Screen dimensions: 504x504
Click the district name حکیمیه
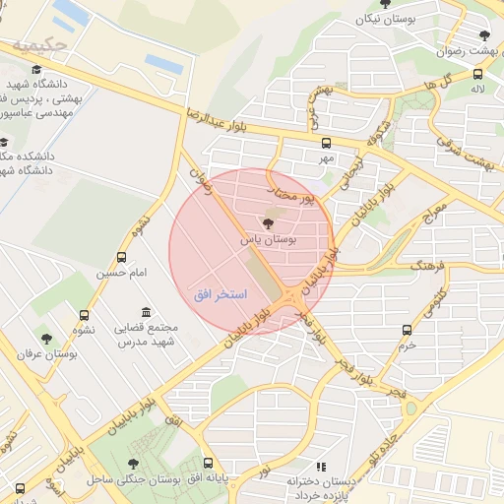click(x=39, y=45)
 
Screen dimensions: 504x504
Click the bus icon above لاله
click(x=477, y=74)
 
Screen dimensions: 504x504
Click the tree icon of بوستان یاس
click(x=270, y=223)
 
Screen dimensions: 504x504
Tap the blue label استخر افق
click(x=220, y=294)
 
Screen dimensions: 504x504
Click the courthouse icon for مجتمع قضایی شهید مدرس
click(x=146, y=312)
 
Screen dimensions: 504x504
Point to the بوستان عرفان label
click(x=47, y=353)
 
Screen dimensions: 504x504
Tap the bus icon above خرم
click(x=408, y=331)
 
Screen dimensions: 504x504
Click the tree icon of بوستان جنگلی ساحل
click(x=134, y=464)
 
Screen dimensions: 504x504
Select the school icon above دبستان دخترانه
click(x=319, y=467)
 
